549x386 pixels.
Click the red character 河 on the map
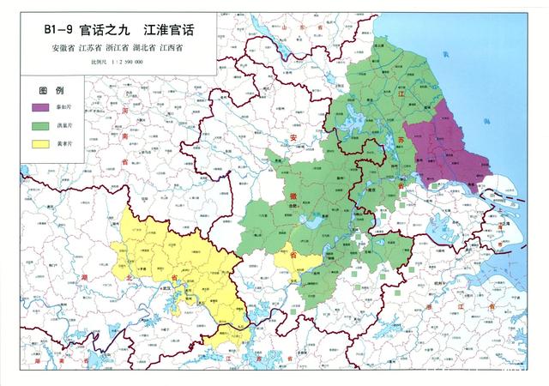pos(125,112)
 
